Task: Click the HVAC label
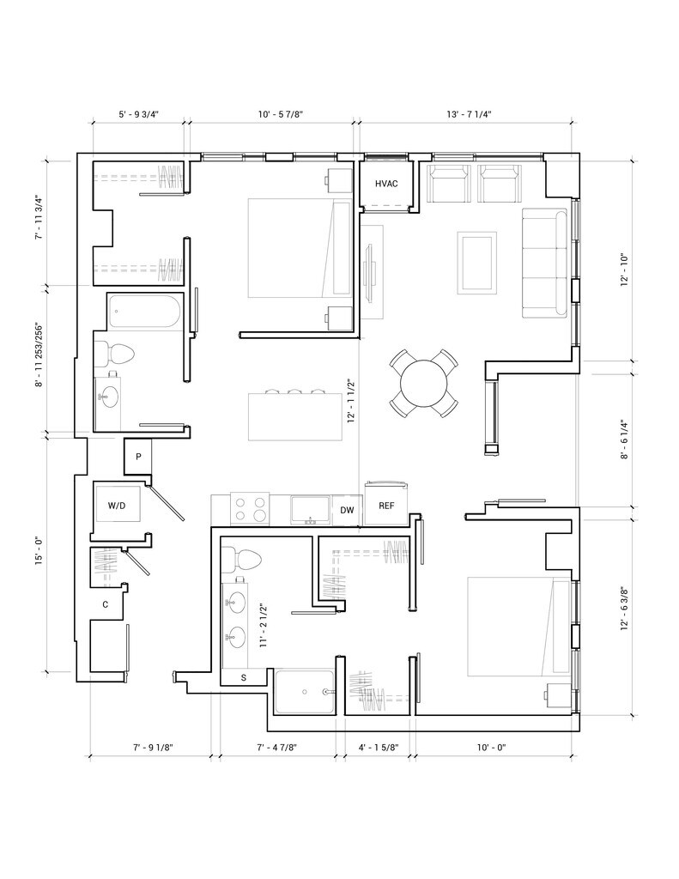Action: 386,184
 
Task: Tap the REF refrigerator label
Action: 386,506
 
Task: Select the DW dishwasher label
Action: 347,511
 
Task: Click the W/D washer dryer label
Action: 117,506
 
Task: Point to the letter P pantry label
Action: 138,457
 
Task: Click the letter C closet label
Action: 105,605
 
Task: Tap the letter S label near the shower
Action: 243,677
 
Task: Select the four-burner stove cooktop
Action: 250,510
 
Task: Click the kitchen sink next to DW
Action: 311,510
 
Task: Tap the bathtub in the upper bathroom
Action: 145,312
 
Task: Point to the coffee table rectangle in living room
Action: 476,263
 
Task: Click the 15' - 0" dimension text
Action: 39,552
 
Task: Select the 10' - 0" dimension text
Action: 492,748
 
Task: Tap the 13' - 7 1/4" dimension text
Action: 470,114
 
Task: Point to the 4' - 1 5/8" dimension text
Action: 379,748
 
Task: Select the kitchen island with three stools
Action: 295,416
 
